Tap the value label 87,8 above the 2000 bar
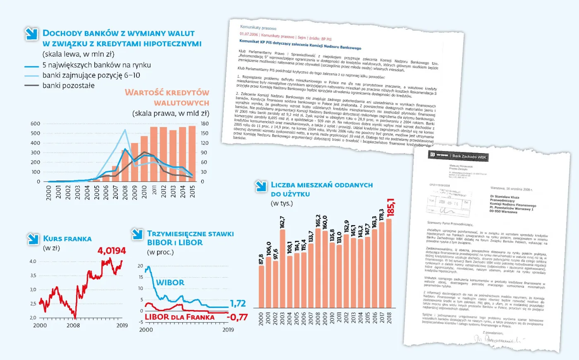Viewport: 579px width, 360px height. click(x=261, y=259)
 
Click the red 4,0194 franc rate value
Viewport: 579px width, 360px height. click(x=112, y=251)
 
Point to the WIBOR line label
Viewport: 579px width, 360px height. click(x=170, y=283)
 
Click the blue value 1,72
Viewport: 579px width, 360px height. click(x=238, y=304)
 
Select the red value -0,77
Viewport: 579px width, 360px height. click(x=237, y=317)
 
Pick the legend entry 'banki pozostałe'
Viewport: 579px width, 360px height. click(x=68, y=86)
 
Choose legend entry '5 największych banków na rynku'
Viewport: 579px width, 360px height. click(x=96, y=65)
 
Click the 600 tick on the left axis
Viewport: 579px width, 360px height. click(x=36, y=124)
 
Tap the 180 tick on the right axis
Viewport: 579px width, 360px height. click(x=205, y=124)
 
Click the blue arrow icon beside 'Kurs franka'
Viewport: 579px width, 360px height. click(x=33, y=239)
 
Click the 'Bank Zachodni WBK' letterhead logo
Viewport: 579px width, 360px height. click(x=458, y=156)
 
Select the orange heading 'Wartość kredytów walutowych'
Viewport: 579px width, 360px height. click(x=167, y=98)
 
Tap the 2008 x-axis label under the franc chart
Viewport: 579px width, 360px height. click(x=73, y=325)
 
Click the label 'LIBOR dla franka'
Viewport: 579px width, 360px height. click(x=179, y=317)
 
